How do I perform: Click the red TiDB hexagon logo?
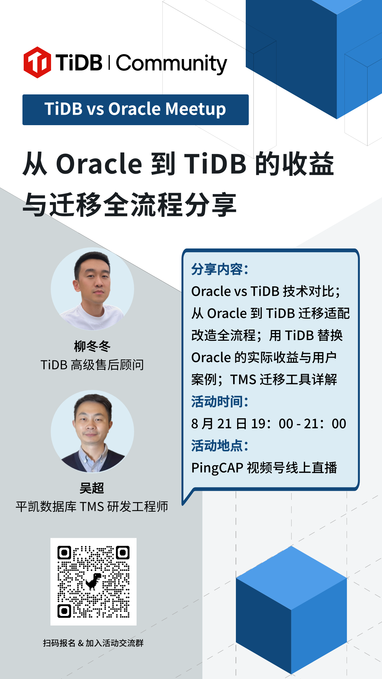[x=37, y=62]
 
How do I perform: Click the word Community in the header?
[x=172, y=64]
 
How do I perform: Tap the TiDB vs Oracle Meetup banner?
[x=136, y=110]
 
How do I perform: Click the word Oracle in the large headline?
[x=99, y=164]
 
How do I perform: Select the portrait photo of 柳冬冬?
[x=92, y=289]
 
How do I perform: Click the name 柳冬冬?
[x=92, y=346]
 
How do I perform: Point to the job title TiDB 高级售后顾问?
[x=92, y=365]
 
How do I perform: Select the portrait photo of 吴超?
[x=92, y=431]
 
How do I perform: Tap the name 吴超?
[x=92, y=488]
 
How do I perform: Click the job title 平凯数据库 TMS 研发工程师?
[x=92, y=506]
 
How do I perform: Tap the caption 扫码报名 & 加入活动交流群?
[x=93, y=643]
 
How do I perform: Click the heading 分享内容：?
[x=220, y=269]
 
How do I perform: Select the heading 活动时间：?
[x=220, y=402]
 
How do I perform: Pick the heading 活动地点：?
[x=220, y=446]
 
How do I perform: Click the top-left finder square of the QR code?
[x=64, y=553]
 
